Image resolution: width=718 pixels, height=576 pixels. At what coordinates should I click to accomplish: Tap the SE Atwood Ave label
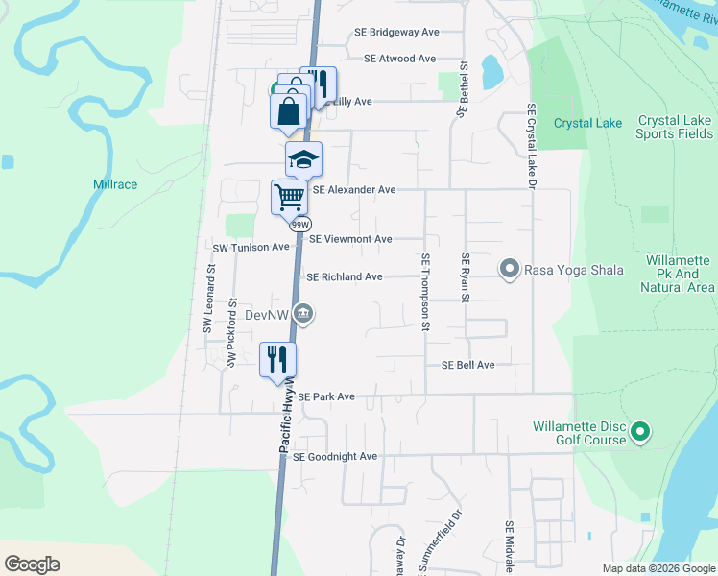click(400, 59)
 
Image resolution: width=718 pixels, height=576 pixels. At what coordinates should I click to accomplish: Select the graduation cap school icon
click(303, 158)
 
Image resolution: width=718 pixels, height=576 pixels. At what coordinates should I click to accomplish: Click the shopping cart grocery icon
click(289, 197)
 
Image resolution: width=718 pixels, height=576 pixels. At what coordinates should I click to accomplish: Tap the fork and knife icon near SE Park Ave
click(277, 359)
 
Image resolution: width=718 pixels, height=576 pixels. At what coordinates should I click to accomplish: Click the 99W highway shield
click(300, 224)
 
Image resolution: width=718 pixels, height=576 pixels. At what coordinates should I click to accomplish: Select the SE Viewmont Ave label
click(350, 239)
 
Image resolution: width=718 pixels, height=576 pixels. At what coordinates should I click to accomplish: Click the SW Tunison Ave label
click(251, 247)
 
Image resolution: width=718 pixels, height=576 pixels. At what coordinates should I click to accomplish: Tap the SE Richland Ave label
click(345, 277)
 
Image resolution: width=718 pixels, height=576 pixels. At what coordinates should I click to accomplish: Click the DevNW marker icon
click(304, 312)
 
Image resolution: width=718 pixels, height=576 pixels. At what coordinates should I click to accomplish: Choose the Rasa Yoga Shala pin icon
click(510, 270)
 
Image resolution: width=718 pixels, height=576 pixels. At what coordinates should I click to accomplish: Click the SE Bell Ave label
click(467, 365)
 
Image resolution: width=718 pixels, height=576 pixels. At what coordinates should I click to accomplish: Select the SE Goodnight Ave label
click(335, 457)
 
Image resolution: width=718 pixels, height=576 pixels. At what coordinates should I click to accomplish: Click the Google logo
click(32, 564)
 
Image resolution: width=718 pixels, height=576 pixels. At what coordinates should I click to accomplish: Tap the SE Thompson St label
click(424, 293)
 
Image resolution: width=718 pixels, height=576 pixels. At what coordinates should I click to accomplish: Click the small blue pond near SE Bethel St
click(491, 69)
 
